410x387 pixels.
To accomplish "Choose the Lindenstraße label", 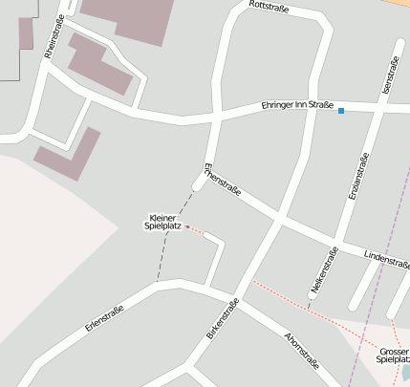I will coord(386,258).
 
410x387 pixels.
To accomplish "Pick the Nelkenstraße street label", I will coord(324,269).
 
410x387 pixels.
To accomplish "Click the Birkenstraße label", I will coord(222,319).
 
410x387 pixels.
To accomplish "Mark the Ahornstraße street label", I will coord(302,350).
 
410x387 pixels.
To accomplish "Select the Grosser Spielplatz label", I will coord(393,355).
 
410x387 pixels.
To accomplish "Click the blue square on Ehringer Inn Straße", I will coord(341,112).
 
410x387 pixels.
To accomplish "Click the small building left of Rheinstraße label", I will coord(26,33).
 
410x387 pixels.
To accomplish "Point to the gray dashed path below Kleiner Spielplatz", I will coord(167,253).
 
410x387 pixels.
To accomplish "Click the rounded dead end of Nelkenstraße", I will coord(313,296).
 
